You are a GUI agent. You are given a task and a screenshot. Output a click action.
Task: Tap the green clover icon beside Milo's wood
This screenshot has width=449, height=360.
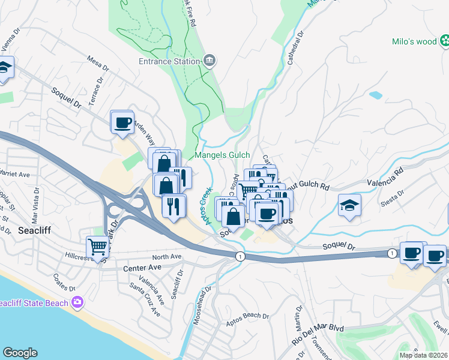(445, 41)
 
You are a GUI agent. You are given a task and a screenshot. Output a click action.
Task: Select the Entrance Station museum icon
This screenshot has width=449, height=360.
(209, 61)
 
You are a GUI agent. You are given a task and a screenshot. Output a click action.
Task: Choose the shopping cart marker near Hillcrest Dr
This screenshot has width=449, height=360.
(97, 246)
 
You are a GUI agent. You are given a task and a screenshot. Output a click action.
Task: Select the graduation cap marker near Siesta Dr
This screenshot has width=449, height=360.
(349, 206)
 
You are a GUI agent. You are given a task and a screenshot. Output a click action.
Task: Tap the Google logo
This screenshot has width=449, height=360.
(20, 352)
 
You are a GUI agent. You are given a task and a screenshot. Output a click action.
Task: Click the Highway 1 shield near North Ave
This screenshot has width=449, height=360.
(240, 256)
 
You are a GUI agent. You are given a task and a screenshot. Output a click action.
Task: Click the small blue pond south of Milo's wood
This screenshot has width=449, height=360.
(376, 95)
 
